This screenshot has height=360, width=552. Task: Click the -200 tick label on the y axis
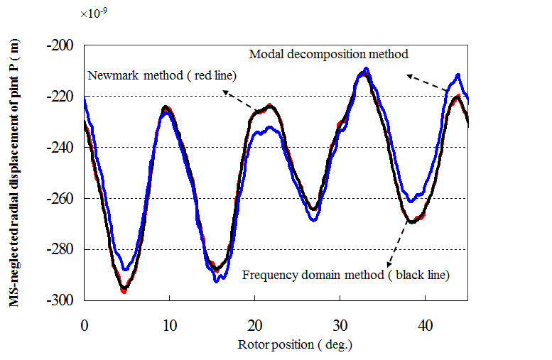pyautogui.click(x=61, y=45)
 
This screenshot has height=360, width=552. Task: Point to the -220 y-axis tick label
pyautogui.click(x=61, y=97)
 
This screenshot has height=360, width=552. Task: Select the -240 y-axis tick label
pyautogui.click(x=61, y=148)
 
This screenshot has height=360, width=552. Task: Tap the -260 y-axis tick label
pyautogui.click(x=61, y=199)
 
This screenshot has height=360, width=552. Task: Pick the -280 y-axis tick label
pyautogui.click(x=61, y=250)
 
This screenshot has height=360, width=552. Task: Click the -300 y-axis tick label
pyautogui.click(x=61, y=301)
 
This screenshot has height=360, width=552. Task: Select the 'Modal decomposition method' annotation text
pyautogui.click(x=328, y=54)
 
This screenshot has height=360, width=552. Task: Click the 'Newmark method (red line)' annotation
pyautogui.click(x=161, y=76)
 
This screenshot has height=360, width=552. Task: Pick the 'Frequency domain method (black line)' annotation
pyautogui.click(x=346, y=274)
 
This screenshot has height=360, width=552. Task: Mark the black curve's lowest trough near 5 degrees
pyautogui.click(x=124, y=288)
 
